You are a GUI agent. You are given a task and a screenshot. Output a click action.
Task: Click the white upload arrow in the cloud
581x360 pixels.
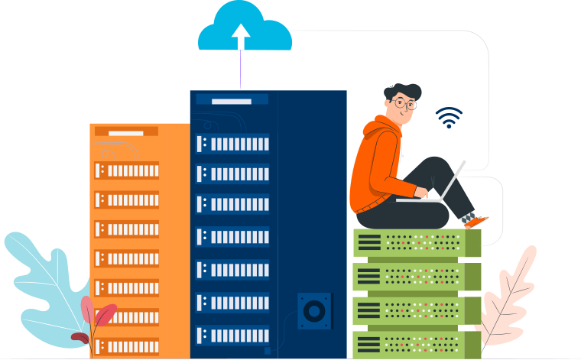click(x=241, y=35)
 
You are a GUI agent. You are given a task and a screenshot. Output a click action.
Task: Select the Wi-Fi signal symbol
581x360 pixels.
click(x=449, y=118)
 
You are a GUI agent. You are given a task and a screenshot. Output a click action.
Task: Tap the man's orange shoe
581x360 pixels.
click(x=476, y=221)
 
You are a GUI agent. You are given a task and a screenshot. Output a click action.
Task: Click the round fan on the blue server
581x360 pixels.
click(x=314, y=310)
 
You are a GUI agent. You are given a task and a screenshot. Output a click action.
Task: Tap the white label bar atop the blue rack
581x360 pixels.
click(x=232, y=100)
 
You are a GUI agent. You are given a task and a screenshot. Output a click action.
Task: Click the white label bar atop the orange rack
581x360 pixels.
click(x=126, y=132)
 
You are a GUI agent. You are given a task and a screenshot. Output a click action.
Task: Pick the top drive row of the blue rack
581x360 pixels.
click(x=232, y=144)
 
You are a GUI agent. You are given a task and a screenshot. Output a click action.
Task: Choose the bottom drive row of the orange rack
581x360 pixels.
click(x=126, y=346)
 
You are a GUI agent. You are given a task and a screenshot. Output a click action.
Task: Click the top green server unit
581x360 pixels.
click(x=417, y=243)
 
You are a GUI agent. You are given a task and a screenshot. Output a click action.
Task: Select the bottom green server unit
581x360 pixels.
click(x=417, y=345)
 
